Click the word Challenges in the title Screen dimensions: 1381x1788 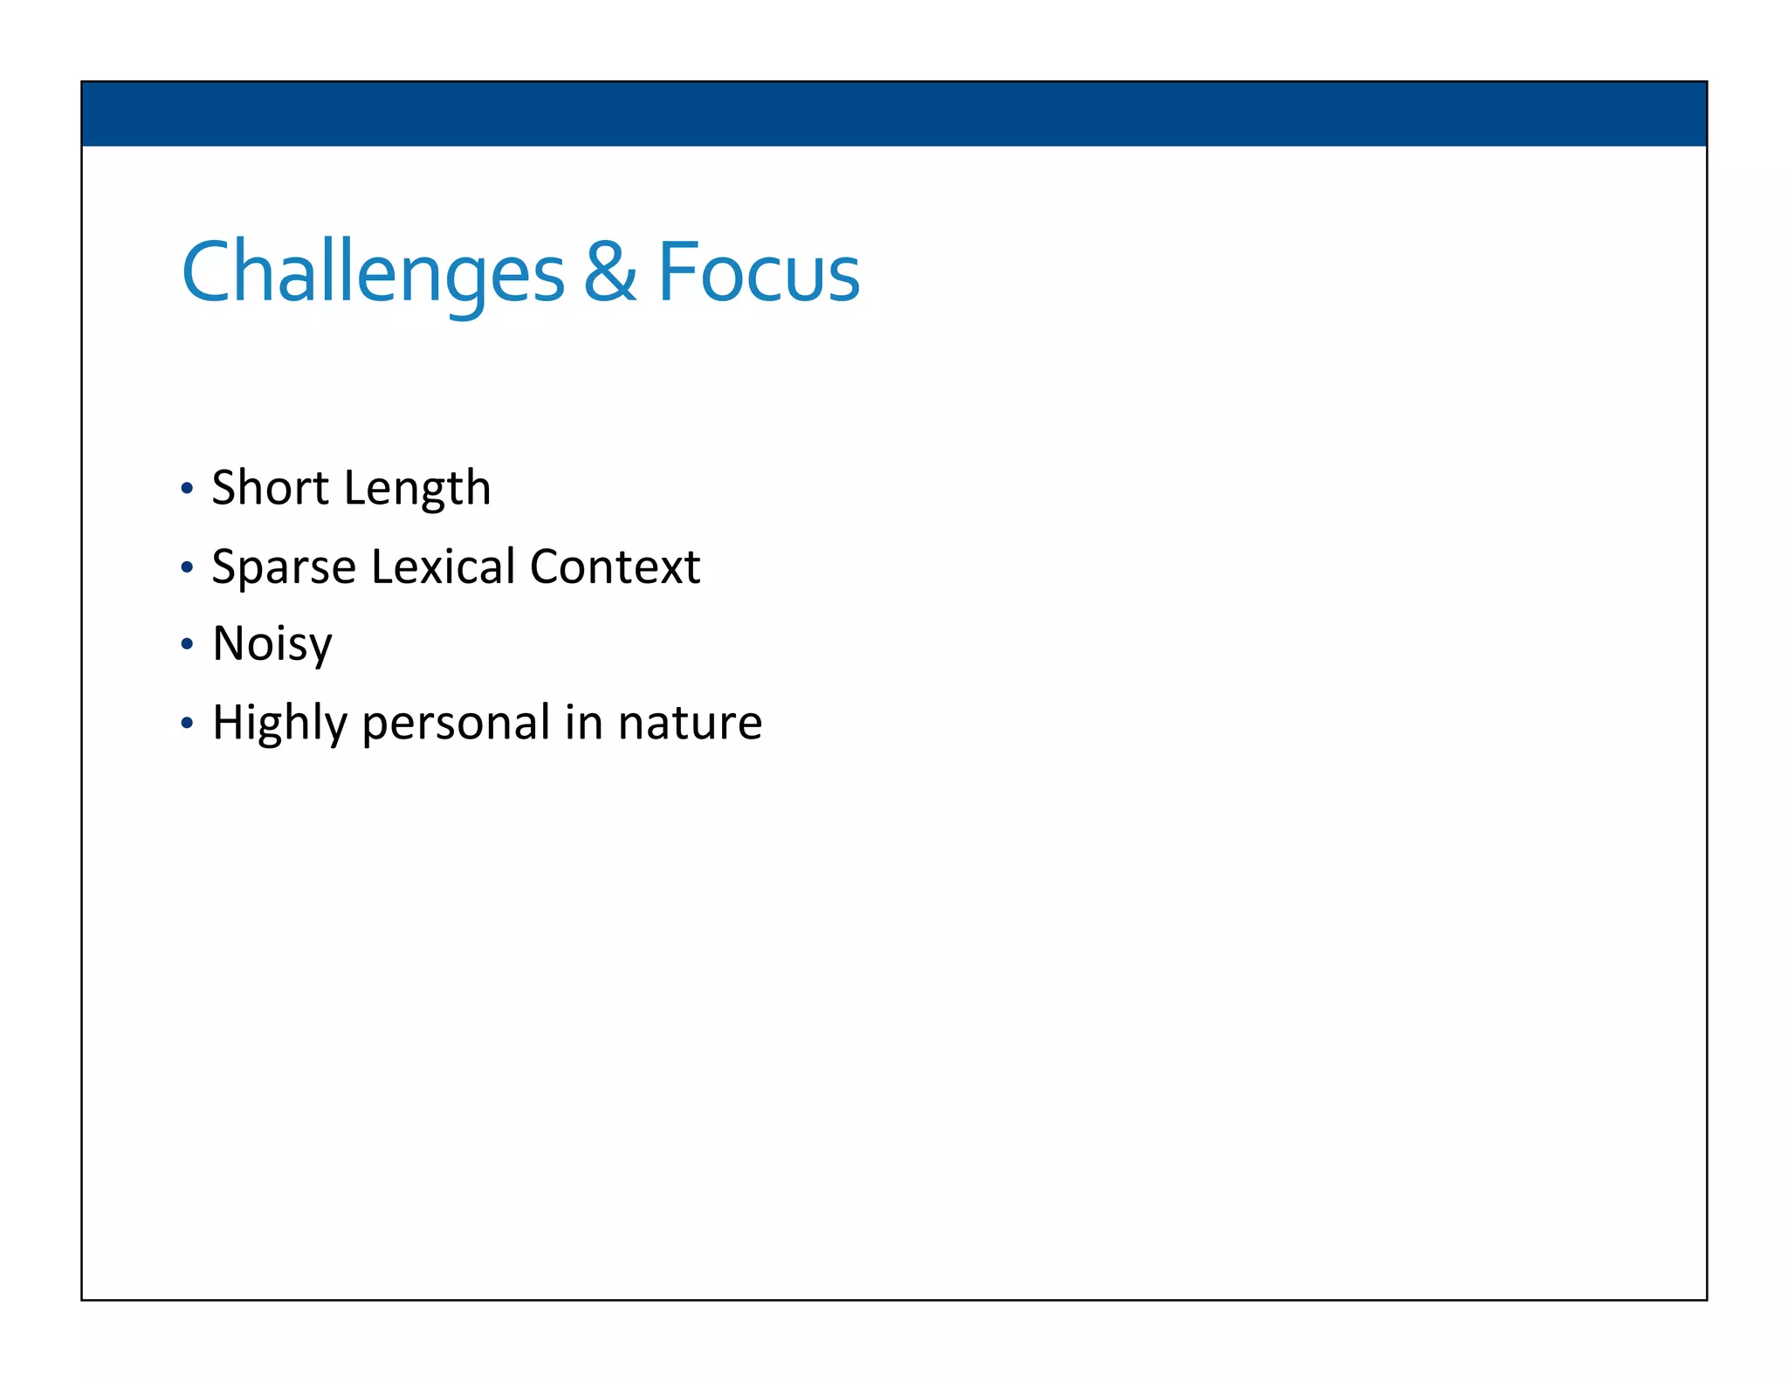pyautogui.click(x=373, y=273)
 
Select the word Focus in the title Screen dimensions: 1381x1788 pyautogui.click(x=758, y=273)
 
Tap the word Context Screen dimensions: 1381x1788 pyautogui.click(x=615, y=567)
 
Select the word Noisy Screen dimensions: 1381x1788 pyautogui.click(x=272, y=644)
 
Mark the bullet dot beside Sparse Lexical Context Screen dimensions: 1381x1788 pyautogui.click(x=186, y=567)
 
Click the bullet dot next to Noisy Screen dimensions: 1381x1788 pyautogui.click(x=186, y=644)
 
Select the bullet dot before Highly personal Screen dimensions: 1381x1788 pyautogui.click(x=186, y=723)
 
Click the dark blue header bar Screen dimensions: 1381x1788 pyautogui.click(x=894, y=113)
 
